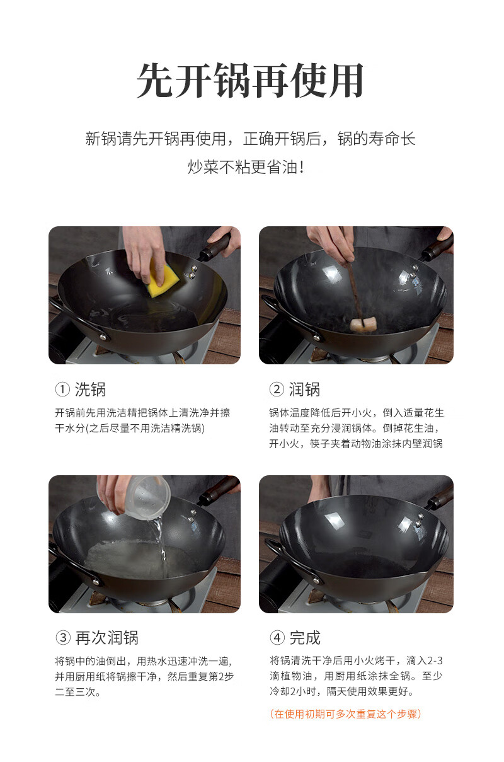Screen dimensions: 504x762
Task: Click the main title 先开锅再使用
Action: click(x=250, y=81)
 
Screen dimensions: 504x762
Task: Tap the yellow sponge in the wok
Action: click(x=163, y=277)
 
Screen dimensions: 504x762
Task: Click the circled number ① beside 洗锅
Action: click(x=62, y=390)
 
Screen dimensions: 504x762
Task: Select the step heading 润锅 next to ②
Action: click(x=304, y=390)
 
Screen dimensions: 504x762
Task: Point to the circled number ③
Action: click(x=63, y=638)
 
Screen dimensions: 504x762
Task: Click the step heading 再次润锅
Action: click(x=107, y=638)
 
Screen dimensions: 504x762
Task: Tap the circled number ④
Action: click(x=277, y=638)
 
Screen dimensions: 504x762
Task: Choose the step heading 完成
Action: click(x=305, y=638)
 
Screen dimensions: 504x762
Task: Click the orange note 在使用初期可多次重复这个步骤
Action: click(x=345, y=713)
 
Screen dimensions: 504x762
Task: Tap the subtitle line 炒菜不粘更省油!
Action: click(x=246, y=167)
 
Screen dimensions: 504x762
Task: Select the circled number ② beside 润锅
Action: click(x=277, y=390)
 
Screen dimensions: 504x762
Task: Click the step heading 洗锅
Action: click(x=90, y=390)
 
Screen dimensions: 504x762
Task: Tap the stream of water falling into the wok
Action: click(x=160, y=541)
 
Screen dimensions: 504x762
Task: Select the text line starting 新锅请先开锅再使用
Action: click(x=250, y=139)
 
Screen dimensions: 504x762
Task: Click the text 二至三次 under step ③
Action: click(x=77, y=692)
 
